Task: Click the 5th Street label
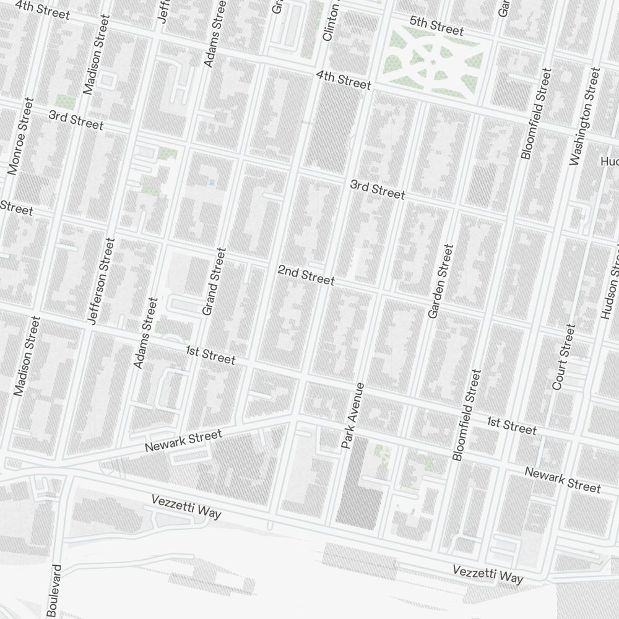click(436, 26)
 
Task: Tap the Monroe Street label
click(19, 136)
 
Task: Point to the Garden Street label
click(441, 282)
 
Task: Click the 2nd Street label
click(306, 275)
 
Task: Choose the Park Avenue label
click(353, 415)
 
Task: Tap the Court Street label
click(563, 357)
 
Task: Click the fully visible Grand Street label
click(214, 282)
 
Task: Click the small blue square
click(212, 183)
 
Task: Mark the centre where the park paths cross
click(431, 61)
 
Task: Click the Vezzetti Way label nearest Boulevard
click(186, 506)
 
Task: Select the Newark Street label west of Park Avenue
click(183, 441)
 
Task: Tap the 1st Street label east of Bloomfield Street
click(511, 425)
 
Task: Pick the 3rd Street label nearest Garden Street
click(377, 189)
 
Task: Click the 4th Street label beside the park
click(343, 80)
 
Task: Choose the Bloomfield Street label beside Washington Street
click(535, 115)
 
